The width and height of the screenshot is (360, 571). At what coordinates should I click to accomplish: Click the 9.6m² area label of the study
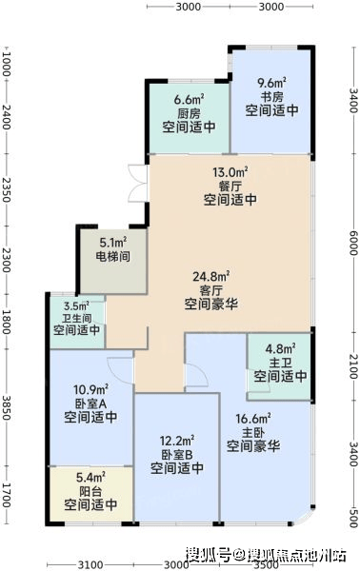tap(271, 83)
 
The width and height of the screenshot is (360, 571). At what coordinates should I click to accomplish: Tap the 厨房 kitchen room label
tap(189, 113)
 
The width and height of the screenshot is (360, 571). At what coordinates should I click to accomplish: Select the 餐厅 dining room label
tap(230, 187)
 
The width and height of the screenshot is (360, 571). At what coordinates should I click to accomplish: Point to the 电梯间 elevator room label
tap(113, 256)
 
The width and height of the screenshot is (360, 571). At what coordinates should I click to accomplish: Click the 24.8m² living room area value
tap(211, 276)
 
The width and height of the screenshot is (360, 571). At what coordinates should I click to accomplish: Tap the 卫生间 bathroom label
tap(76, 318)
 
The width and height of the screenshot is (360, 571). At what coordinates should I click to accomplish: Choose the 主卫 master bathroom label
tap(280, 363)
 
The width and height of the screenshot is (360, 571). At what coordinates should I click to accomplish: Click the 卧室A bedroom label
tap(90, 404)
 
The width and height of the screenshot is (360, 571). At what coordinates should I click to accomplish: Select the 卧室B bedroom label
tap(177, 455)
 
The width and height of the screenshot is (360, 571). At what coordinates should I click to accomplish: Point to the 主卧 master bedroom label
tap(253, 433)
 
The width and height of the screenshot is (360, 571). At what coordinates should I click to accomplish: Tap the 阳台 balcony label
tap(90, 491)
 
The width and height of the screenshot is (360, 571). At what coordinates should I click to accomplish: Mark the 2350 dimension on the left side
tap(7, 189)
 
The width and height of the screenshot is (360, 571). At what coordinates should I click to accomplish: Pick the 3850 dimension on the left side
tap(7, 406)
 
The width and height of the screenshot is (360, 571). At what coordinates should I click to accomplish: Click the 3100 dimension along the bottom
tap(90, 564)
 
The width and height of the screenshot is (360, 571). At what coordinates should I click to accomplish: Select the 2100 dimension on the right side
tap(353, 366)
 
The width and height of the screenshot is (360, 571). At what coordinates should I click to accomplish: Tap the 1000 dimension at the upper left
tap(7, 64)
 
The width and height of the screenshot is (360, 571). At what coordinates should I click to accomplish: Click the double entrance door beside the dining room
tap(138, 183)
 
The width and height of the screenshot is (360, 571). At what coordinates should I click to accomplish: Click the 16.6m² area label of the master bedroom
tap(253, 419)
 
